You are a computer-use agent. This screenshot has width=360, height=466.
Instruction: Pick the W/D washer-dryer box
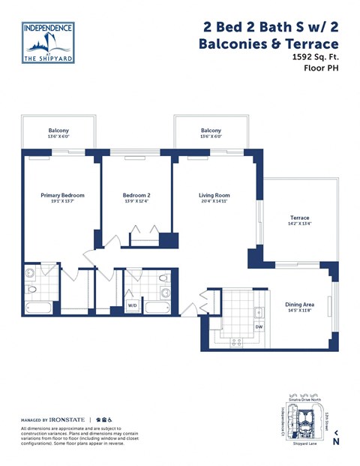tap(132, 305)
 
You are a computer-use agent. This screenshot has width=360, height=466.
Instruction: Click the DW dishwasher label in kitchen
tap(259, 327)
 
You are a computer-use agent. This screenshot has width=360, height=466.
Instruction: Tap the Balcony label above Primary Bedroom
tap(58, 131)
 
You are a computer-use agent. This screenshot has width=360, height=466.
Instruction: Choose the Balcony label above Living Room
tap(211, 131)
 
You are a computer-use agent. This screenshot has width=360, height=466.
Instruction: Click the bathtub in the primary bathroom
tap(35, 308)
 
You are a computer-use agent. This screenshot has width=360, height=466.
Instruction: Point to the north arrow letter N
tap(336, 442)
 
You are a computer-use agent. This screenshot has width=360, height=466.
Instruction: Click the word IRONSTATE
tap(68, 419)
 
